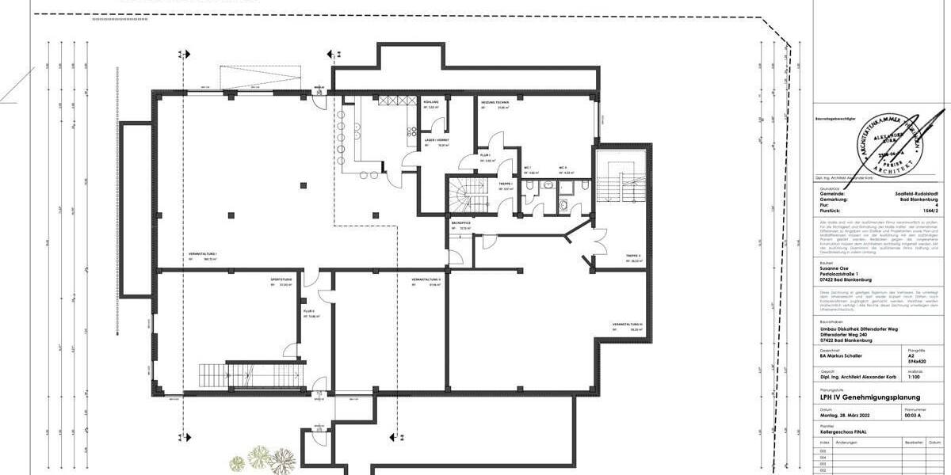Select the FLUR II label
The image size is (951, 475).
[308, 311]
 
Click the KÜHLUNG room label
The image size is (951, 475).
[431, 103]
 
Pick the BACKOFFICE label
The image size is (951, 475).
[460, 224]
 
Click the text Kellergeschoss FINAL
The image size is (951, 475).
[843, 432]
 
